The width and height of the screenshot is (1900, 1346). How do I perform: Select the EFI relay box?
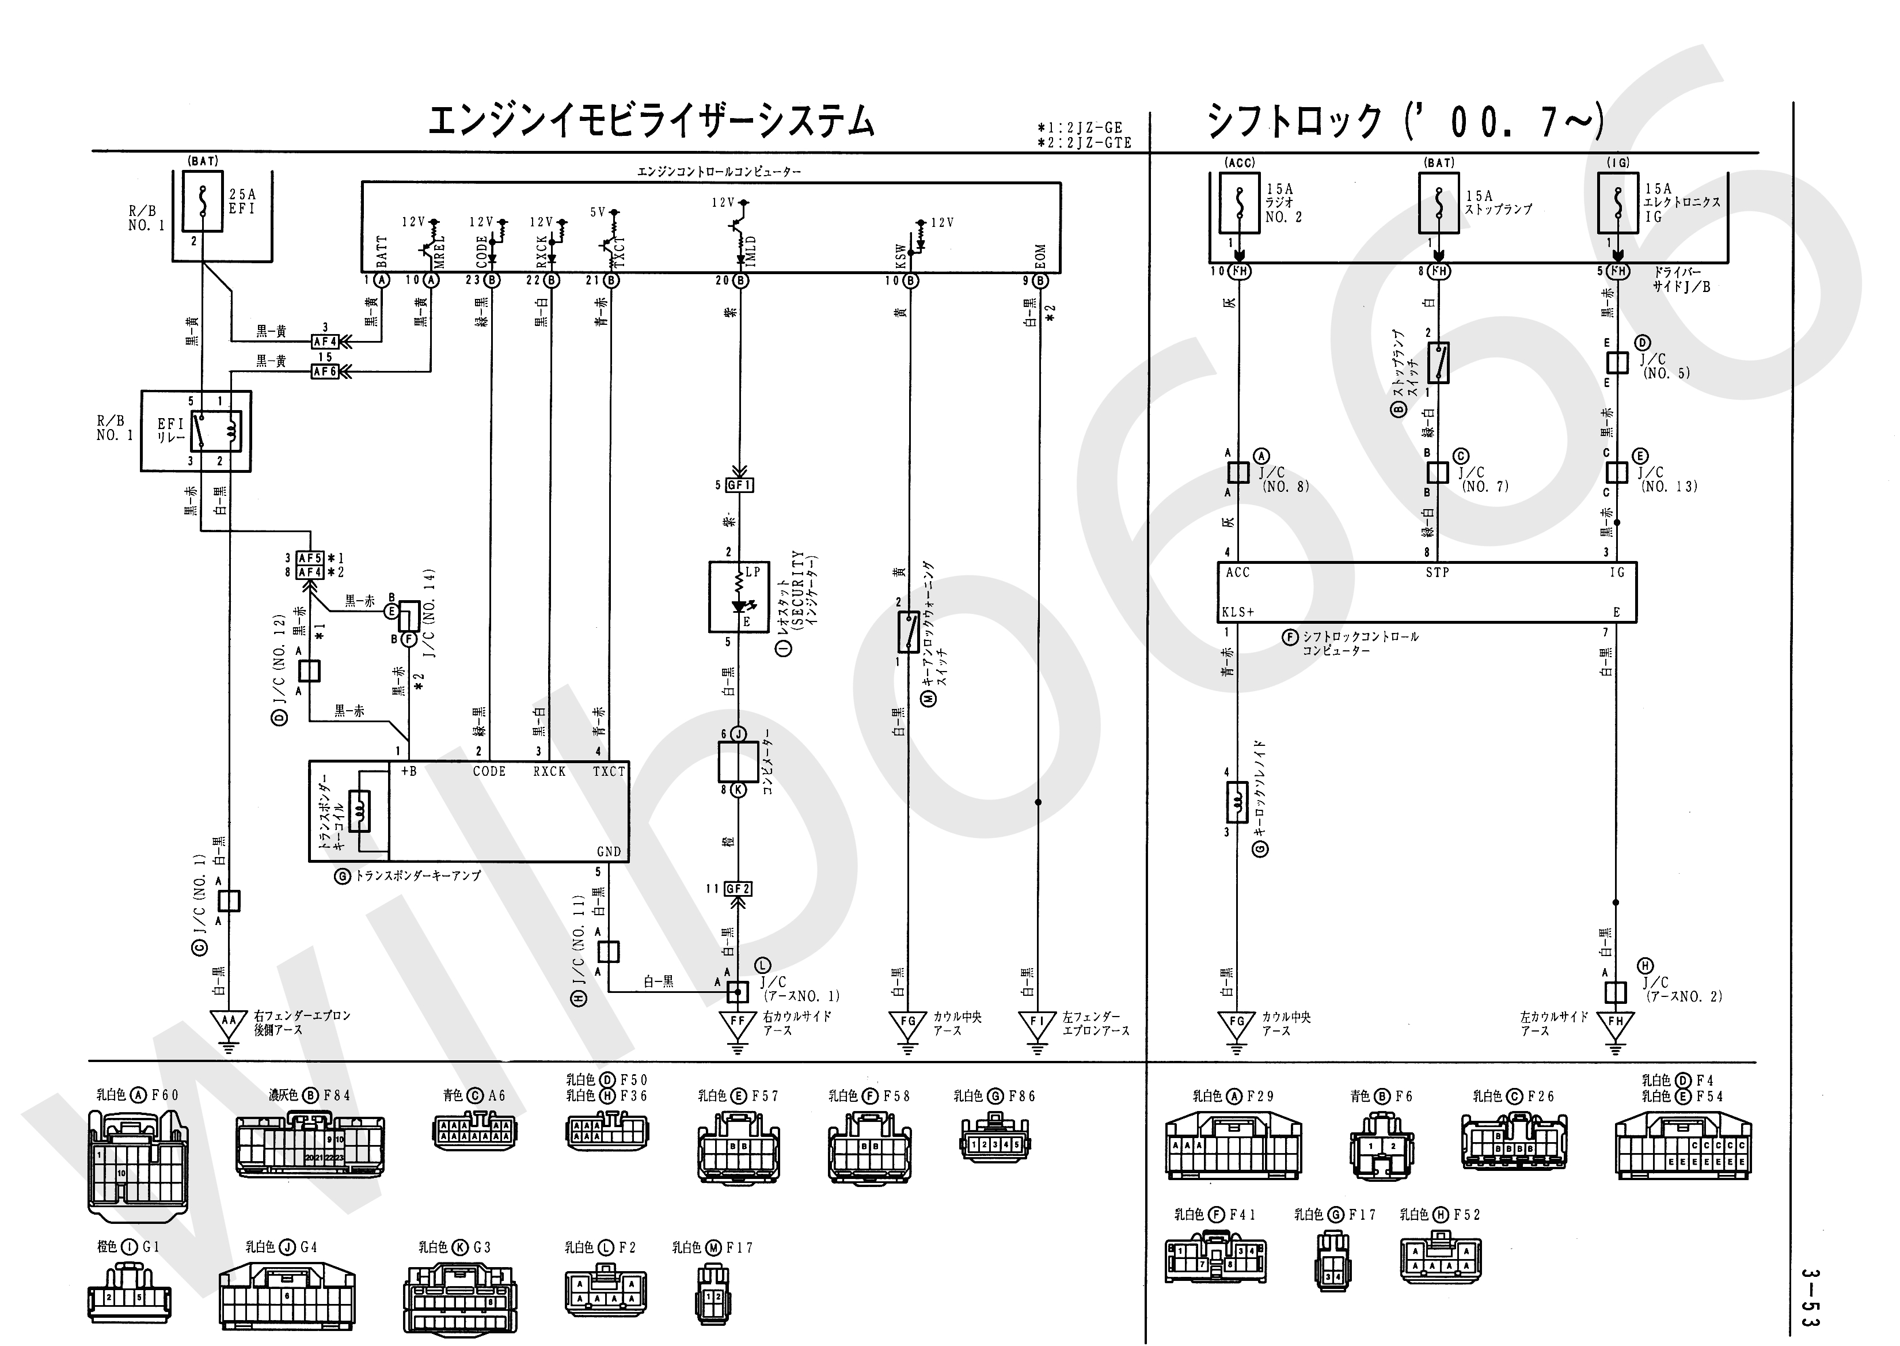(196, 431)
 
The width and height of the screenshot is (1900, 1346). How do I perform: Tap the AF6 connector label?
(325, 372)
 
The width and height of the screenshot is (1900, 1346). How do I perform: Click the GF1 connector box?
(738, 485)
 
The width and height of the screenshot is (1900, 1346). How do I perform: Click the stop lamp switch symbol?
(1438, 363)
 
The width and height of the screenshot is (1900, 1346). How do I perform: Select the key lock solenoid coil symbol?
(1237, 802)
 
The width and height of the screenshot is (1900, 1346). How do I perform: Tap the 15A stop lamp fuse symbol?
(1439, 202)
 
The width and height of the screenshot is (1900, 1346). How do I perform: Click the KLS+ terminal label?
(1238, 612)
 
